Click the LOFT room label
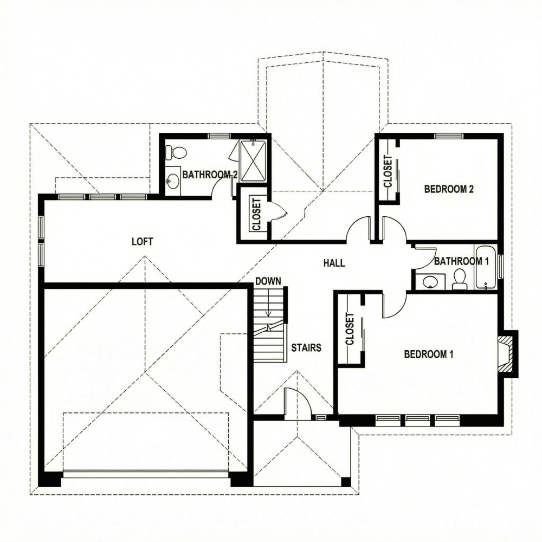pyautogui.click(x=143, y=242)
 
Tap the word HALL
pyautogui.click(x=334, y=263)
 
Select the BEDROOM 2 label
pyautogui.click(x=449, y=189)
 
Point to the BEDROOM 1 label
pyautogui.click(x=429, y=354)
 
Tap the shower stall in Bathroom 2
pyautogui.click(x=253, y=161)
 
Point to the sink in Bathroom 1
pyautogui.click(x=430, y=282)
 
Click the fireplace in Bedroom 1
pyautogui.click(x=507, y=353)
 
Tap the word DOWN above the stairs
pyautogui.click(x=268, y=281)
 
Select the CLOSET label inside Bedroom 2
pyautogui.click(x=388, y=171)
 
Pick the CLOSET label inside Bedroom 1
pyautogui.click(x=350, y=329)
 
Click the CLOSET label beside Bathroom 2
pyautogui.click(x=256, y=214)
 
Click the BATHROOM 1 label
pyautogui.click(x=462, y=261)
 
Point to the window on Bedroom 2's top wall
pyautogui.click(x=449, y=136)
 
